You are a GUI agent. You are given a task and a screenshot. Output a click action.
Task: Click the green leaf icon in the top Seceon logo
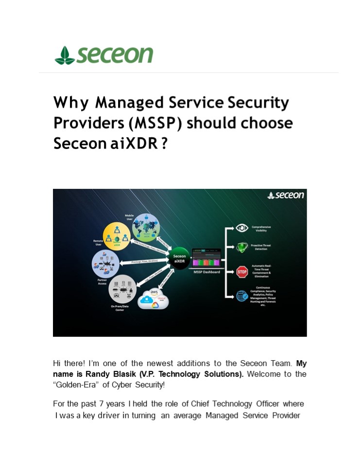pyautogui.click(x=65, y=56)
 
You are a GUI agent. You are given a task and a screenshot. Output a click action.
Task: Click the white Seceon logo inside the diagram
pyautogui.click(x=286, y=195)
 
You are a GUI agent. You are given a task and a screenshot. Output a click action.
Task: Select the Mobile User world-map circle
pyautogui.click(x=146, y=227)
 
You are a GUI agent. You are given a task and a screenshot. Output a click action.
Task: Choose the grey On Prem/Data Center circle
pyautogui.click(x=121, y=289)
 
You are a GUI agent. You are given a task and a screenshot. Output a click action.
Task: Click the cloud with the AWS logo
pyautogui.click(x=154, y=299)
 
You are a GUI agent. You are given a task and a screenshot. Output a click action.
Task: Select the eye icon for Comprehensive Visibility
pyautogui.click(x=242, y=228)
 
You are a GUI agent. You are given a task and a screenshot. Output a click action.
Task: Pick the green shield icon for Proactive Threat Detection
pyautogui.click(x=242, y=248)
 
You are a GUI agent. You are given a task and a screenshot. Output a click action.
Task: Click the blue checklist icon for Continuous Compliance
pyautogui.click(x=242, y=295)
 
